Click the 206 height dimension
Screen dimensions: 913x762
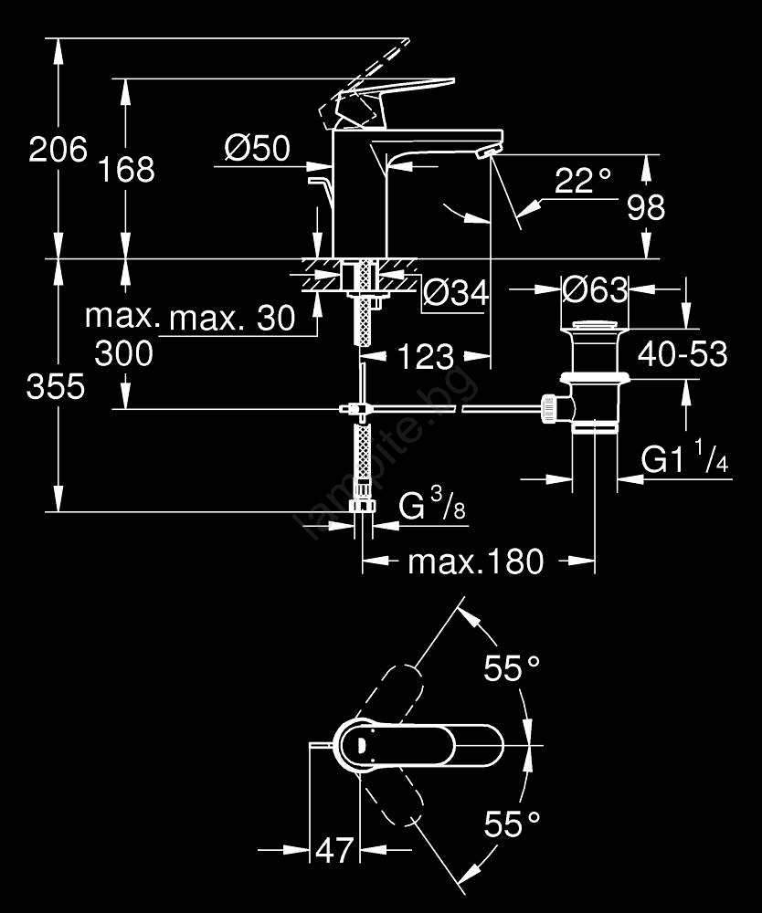(x=58, y=149)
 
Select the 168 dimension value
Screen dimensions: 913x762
(x=128, y=169)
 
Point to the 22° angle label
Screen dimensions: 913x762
(x=582, y=181)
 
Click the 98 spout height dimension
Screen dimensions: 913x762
(x=646, y=208)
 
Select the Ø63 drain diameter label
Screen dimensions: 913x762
(x=596, y=290)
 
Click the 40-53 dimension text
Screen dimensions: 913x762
(x=683, y=353)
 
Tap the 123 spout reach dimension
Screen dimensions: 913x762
(x=426, y=356)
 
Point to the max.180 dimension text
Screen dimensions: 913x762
(x=475, y=561)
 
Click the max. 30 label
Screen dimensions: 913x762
(x=233, y=319)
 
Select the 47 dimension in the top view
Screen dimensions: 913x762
(x=333, y=851)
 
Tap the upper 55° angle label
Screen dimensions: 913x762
(x=512, y=670)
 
